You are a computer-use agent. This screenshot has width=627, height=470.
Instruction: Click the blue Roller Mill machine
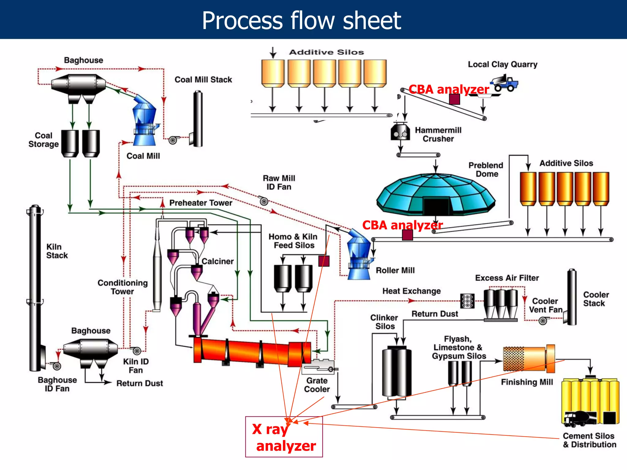tap(359, 256)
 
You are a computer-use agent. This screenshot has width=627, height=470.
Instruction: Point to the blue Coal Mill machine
tap(144, 121)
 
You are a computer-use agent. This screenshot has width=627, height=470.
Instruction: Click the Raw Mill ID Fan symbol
tap(264, 201)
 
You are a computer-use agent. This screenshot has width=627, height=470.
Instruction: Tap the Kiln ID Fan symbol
tap(136, 351)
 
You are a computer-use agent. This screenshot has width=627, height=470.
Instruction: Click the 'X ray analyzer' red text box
tap(284, 437)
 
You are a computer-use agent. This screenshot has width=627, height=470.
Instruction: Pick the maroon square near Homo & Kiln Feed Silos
tap(324, 261)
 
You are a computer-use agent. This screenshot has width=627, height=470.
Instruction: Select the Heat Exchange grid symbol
tap(467, 301)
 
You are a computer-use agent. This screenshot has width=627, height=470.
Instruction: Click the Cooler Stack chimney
tap(572, 297)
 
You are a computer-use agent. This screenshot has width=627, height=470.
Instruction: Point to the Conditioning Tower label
tap(122, 287)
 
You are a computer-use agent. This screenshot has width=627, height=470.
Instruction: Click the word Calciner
tap(217, 261)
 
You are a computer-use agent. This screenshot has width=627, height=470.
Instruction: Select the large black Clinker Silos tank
tap(396, 372)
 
